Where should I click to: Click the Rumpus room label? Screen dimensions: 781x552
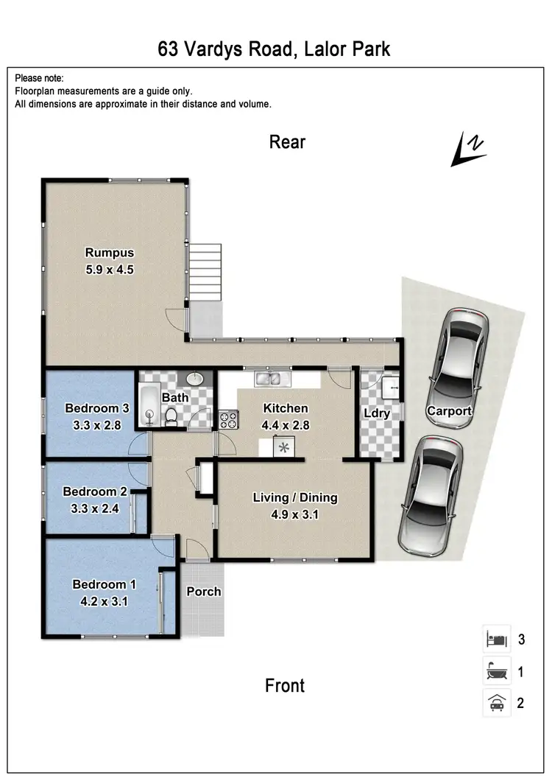pyautogui.click(x=109, y=253)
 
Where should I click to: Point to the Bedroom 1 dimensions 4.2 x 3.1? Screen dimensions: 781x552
pyautogui.click(x=104, y=600)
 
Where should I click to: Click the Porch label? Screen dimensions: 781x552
pyautogui.click(x=203, y=592)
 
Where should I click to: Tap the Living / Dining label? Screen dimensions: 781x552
pyautogui.click(x=295, y=497)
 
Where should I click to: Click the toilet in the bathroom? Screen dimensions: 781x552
pyautogui.click(x=171, y=416)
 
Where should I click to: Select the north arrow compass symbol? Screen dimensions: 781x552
pyautogui.click(x=468, y=149)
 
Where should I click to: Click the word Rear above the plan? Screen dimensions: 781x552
pyautogui.click(x=287, y=142)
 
